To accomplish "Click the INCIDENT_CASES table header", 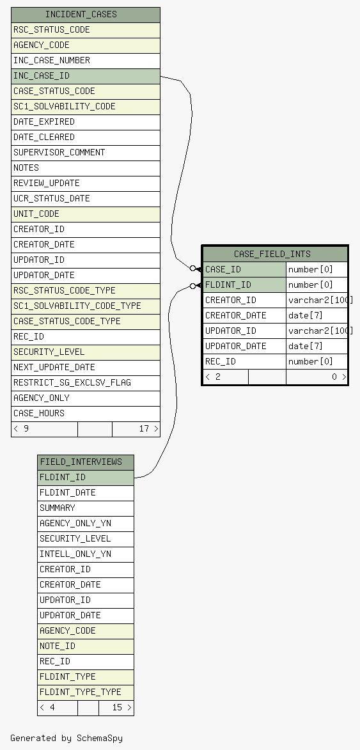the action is (x=86, y=15).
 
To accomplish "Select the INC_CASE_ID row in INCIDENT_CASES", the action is (x=86, y=76).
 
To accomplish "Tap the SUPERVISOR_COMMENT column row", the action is (x=86, y=153).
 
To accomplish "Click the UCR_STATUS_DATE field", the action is (x=86, y=198).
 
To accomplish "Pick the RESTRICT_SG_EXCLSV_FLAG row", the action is (x=86, y=382).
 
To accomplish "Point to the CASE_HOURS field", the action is (x=86, y=413).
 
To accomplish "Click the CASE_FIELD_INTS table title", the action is (x=275, y=254).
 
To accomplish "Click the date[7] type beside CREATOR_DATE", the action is (x=317, y=315).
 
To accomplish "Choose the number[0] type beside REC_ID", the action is (x=317, y=361).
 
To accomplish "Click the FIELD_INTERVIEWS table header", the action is (x=86, y=462).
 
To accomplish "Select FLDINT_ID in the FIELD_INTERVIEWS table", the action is (x=86, y=478).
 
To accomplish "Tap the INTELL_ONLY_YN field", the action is (x=86, y=554).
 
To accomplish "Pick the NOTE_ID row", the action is (x=86, y=646).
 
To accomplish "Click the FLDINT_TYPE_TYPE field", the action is (x=86, y=692).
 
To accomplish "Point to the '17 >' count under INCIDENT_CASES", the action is (x=148, y=428).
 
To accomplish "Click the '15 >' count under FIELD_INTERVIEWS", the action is (x=122, y=707).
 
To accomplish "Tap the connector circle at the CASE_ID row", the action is (x=193, y=269).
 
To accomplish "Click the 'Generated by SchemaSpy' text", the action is (x=67, y=738).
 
